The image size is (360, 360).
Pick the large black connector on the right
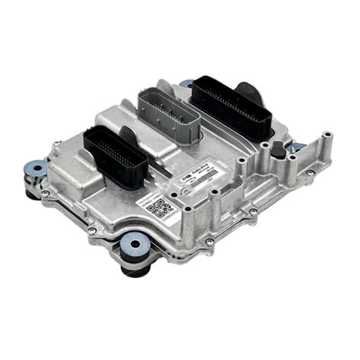231,106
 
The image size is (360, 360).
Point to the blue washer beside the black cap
298,147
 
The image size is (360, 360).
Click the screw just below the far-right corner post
310,172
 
